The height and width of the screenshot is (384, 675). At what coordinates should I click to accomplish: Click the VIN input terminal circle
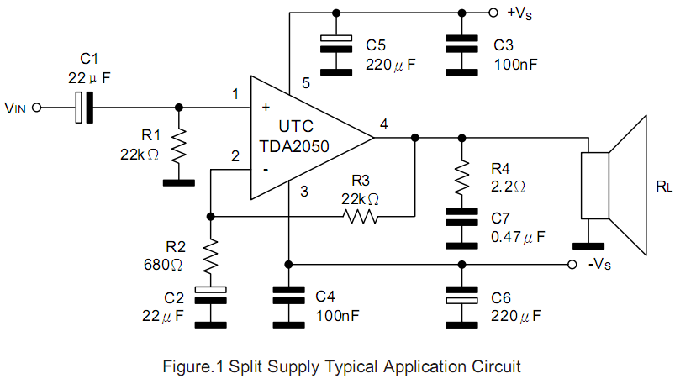[x=36, y=108]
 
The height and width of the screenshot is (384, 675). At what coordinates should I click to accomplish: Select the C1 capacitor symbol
[x=84, y=108]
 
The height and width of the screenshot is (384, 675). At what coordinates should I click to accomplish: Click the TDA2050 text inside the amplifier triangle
[x=294, y=146]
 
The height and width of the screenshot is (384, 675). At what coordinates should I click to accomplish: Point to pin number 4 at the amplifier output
[x=384, y=124]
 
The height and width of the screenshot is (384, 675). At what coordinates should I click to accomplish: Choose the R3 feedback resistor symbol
[x=360, y=217]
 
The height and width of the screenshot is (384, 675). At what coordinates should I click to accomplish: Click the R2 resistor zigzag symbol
[x=210, y=255]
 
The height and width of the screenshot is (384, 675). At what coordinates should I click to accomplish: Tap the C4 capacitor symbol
[x=287, y=295]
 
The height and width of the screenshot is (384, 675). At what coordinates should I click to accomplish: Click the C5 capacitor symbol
[x=336, y=42]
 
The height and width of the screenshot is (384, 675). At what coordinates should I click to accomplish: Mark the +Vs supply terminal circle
[x=494, y=13]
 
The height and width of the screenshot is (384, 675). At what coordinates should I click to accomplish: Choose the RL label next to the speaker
[x=663, y=187]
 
